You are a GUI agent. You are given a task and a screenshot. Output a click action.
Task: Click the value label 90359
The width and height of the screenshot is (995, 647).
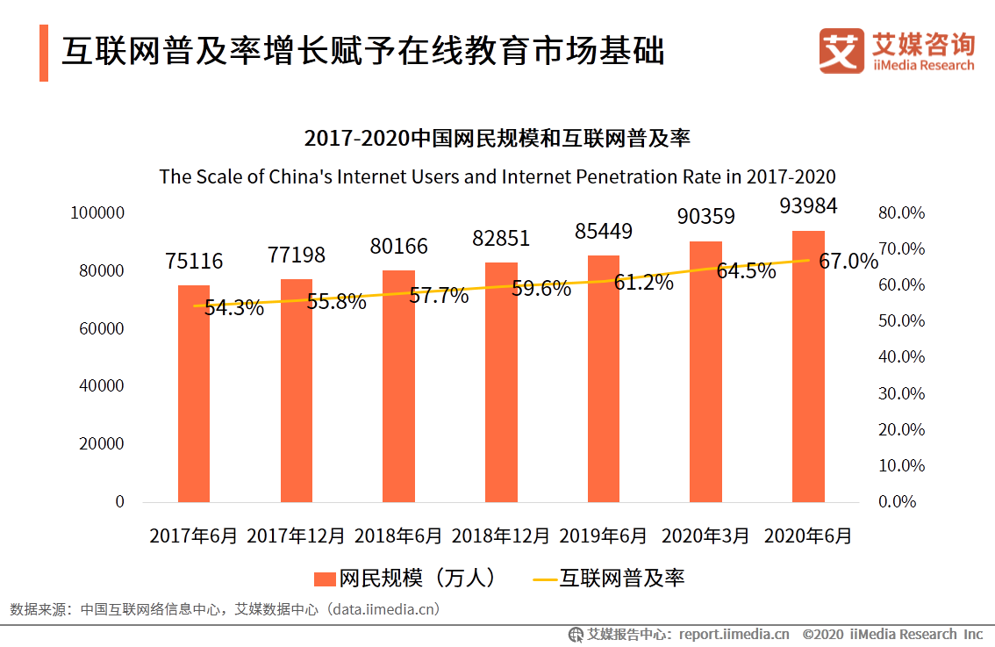[x=705, y=216]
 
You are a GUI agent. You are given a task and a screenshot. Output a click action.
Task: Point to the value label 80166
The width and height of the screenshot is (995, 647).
[x=398, y=246]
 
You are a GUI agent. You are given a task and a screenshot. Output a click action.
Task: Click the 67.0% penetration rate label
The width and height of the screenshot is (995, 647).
[x=848, y=262]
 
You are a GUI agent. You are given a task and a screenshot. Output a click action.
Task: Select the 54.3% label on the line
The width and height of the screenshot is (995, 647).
[x=234, y=308]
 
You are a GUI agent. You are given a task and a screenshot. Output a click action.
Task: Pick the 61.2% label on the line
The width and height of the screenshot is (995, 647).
[x=643, y=283]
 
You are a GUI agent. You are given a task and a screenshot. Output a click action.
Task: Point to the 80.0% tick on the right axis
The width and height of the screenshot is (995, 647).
[x=901, y=213]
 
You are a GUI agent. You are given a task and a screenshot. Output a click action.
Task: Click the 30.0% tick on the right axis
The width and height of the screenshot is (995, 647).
[x=901, y=393]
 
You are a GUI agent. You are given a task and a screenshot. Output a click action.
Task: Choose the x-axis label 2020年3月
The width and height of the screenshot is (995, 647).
[x=705, y=536]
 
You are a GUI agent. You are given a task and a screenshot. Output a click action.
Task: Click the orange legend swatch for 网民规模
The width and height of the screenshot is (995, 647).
[x=325, y=579]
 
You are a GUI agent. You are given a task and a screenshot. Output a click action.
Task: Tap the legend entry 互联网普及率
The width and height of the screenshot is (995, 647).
[x=621, y=578]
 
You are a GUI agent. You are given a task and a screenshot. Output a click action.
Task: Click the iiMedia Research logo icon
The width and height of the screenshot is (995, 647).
[x=841, y=51]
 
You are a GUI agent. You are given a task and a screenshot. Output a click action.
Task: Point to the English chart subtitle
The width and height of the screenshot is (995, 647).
[x=497, y=176]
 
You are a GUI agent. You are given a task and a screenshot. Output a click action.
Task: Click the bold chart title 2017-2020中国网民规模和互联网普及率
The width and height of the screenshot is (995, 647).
[x=497, y=138]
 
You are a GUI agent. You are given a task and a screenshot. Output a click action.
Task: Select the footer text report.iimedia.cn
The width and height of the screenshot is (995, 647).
[x=734, y=634]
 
